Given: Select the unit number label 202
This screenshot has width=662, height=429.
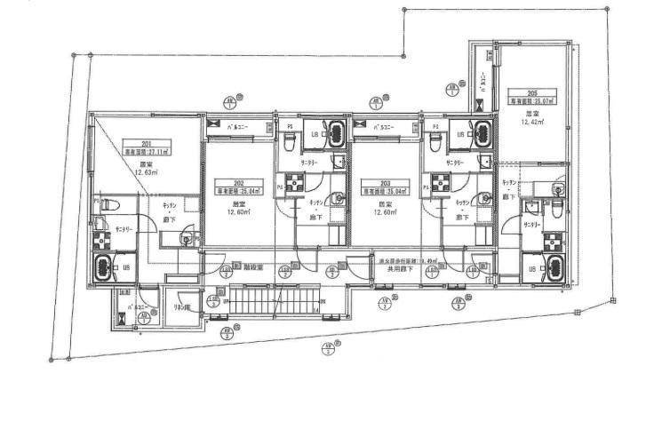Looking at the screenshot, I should pos(238,183).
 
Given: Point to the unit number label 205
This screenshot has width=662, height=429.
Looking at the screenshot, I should pos(531,93).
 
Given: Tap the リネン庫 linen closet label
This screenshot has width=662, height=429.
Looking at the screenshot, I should pos(181,308).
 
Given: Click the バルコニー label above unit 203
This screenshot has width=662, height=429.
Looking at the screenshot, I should pos(386,126).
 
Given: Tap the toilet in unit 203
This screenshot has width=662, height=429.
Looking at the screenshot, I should pos(435,139).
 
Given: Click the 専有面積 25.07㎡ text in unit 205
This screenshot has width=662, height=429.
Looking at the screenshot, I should pos(531,101).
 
